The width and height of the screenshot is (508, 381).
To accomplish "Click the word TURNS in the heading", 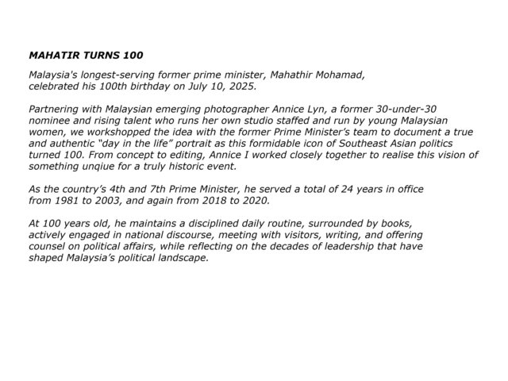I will point(100,57).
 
